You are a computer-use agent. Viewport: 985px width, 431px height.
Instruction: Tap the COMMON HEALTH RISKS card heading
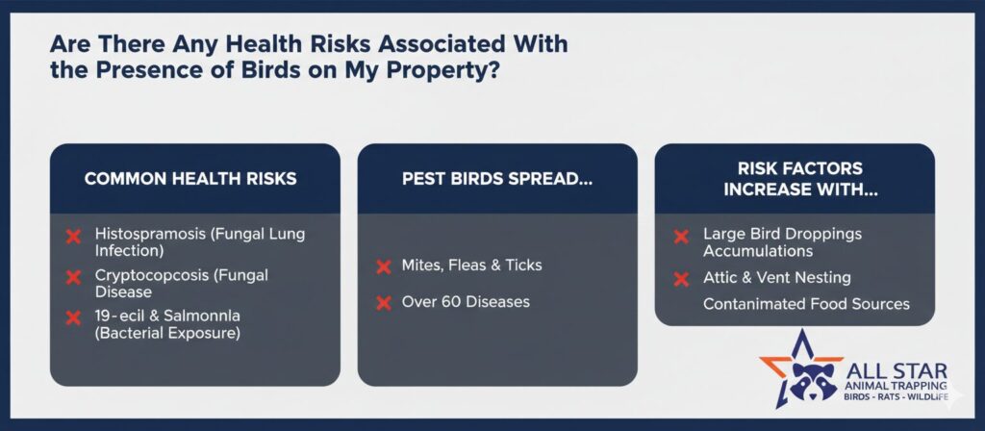(190, 178)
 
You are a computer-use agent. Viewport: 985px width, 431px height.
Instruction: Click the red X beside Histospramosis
(73, 237)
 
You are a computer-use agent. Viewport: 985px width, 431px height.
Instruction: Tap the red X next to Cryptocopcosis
(73, 277)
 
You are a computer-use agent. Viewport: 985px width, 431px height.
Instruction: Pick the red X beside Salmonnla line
(73, 317)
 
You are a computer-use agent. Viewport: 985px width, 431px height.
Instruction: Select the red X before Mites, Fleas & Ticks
(383, 266)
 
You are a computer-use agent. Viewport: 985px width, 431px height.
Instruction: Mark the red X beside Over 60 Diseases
(383, 303)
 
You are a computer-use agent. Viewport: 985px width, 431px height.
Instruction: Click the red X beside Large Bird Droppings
(681, 237)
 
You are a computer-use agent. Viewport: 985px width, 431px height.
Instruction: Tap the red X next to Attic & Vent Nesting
(681, 279)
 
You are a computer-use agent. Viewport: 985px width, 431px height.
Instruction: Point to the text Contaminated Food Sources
(806, 304)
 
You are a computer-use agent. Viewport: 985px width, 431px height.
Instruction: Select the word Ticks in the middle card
(523, 266)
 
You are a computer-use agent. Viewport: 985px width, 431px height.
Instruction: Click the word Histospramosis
(150, 235)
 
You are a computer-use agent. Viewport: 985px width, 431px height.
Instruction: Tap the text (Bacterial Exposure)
(167, 333)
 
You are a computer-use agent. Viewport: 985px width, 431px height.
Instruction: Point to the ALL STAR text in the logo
(897, 371)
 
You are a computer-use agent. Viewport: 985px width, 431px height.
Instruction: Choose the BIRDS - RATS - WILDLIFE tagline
(897, 397)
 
